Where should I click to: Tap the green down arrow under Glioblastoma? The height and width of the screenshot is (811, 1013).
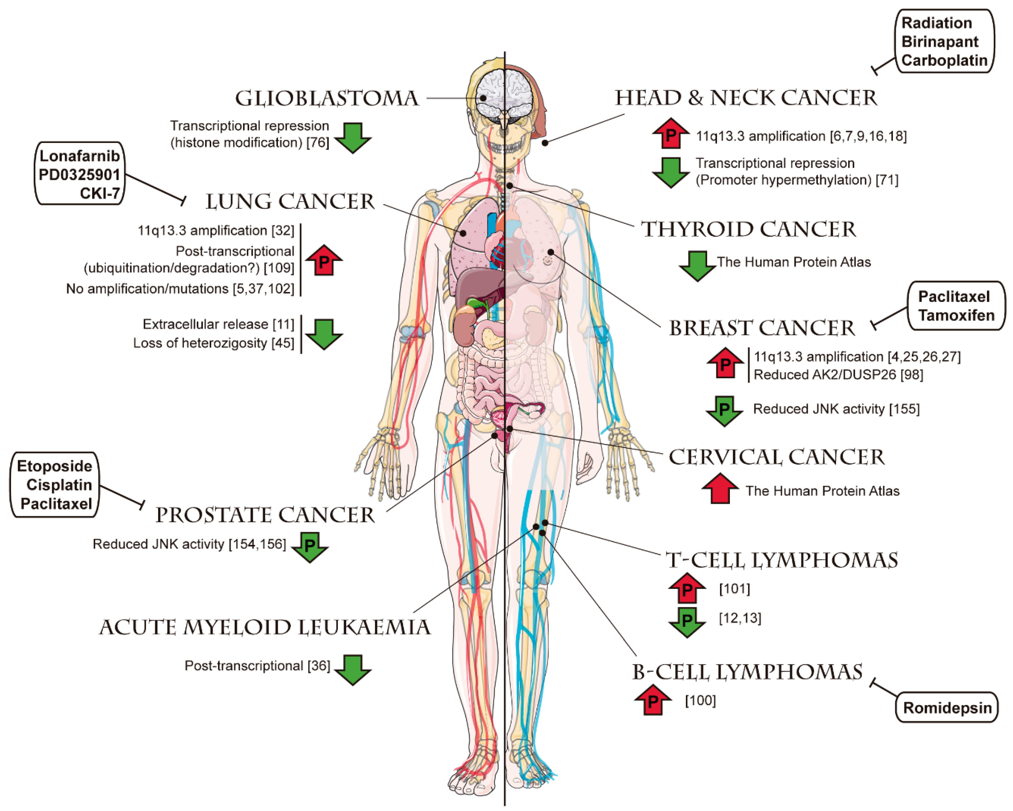pyautogui.click(x=353, y=137)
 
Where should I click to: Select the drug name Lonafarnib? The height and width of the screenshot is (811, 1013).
pyautogui.click(x=79, y=156)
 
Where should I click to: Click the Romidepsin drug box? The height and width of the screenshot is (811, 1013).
pyautogui.click(x=947, y=708)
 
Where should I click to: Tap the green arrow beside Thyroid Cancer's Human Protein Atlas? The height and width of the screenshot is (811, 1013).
pyautogui.click(x=697, y=265)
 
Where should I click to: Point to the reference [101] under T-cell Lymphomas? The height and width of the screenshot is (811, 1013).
pyautogui.click(x=734, y=588)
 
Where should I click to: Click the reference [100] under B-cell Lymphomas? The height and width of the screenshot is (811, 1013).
pyautogui.click(x=700, y=701)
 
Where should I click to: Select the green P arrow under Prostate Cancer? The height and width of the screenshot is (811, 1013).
pyautogui.click(x=310, y=546)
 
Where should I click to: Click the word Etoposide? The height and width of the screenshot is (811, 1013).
pyautogui.click(x=54, y=466)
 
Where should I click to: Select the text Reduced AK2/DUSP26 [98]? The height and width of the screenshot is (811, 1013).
pyautogui.click(x=838, y=375)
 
